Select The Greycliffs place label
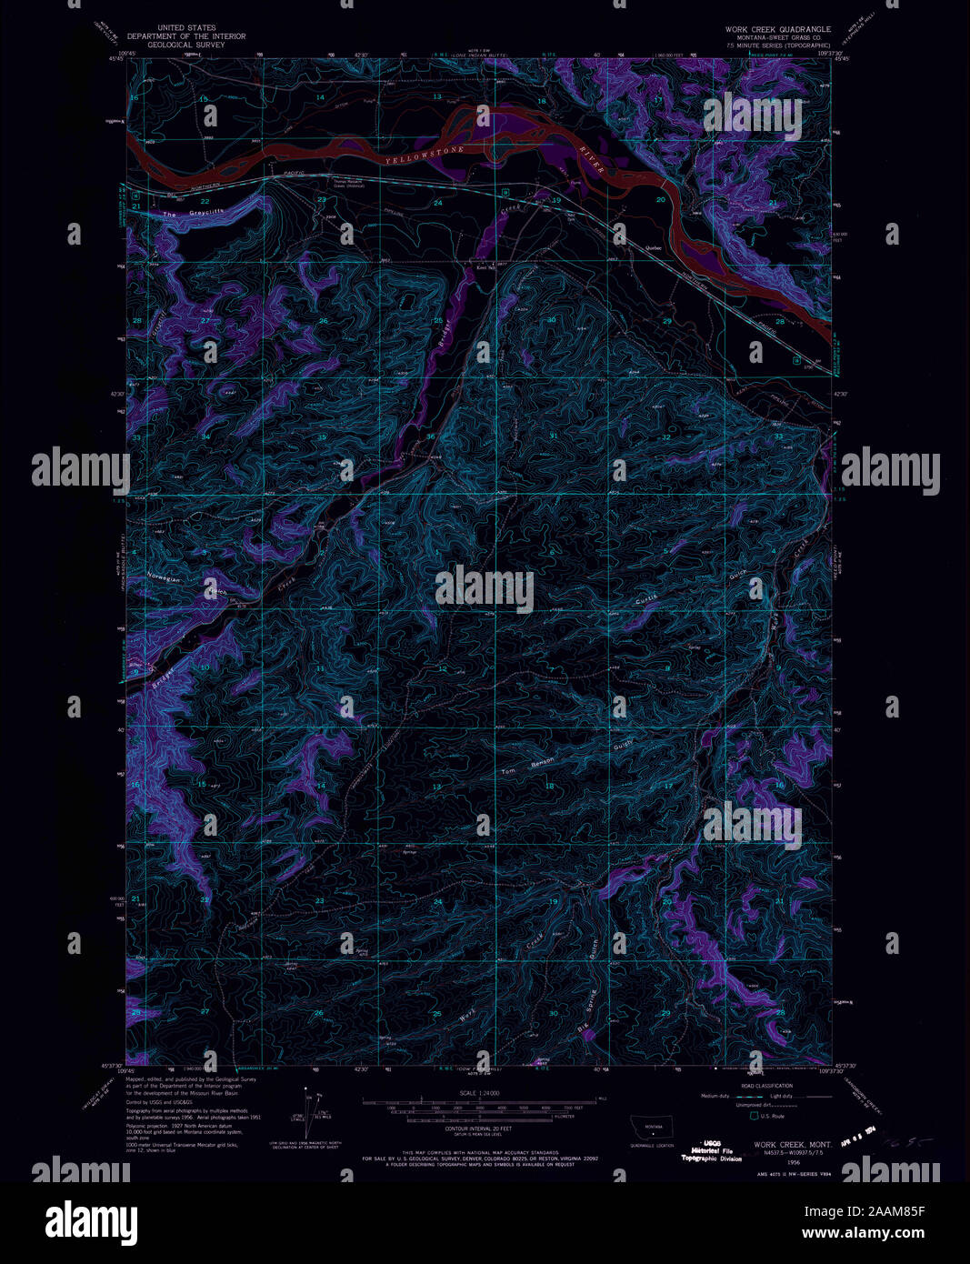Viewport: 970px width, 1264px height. (193, 214)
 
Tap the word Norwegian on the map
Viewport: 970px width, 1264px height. (165, 578)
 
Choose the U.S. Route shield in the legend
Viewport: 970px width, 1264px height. (753, 1115)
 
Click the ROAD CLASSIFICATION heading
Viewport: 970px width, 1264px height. (766, 1086)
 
